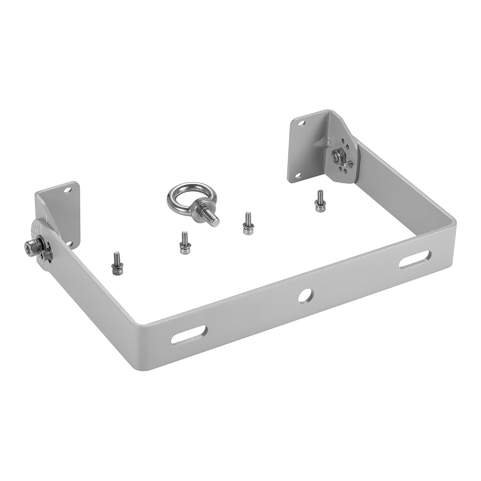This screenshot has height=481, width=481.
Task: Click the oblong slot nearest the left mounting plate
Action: tap(190, 334)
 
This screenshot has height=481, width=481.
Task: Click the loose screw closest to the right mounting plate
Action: tap(319, 201)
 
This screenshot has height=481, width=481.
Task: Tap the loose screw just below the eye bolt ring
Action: tap(183, 243)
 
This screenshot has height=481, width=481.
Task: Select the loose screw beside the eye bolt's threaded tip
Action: tap(248, 224)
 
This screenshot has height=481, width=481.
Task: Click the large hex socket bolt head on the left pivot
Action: tap(31, 247)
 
